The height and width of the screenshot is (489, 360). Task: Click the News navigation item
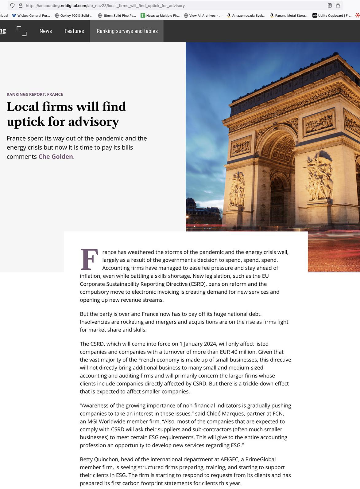coord(45,31)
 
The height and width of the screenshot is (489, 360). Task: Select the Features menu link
coord(74,31)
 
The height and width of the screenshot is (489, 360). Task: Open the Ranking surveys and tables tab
coord(127,31)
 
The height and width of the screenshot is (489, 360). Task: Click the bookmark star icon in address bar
coord(338,6)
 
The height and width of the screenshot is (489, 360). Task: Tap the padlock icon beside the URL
coord(21,6)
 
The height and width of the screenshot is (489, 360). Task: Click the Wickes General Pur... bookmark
coord(31,15)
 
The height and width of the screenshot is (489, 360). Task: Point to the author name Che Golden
coord(56,157)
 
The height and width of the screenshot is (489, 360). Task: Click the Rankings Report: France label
coord(35,94)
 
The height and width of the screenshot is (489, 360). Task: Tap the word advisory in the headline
coord(94,122)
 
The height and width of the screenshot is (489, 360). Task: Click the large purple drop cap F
coord(89,259)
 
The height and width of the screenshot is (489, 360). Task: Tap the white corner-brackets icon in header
coord(21,31)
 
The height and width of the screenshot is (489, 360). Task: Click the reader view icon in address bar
coord(330,6)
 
